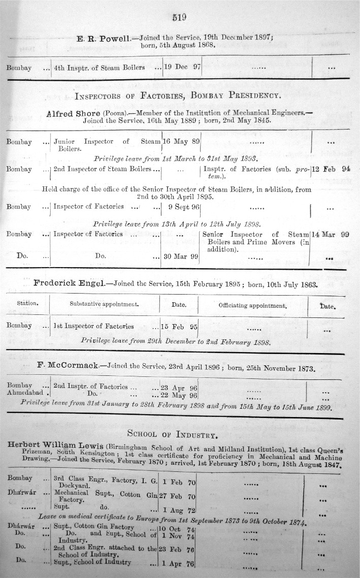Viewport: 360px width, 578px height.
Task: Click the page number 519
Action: coord(180,17)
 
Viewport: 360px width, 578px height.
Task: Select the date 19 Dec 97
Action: coord(182,67)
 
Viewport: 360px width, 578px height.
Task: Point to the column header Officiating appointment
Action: coord(252,306)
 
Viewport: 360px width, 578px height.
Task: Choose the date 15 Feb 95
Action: coord(179,327)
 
